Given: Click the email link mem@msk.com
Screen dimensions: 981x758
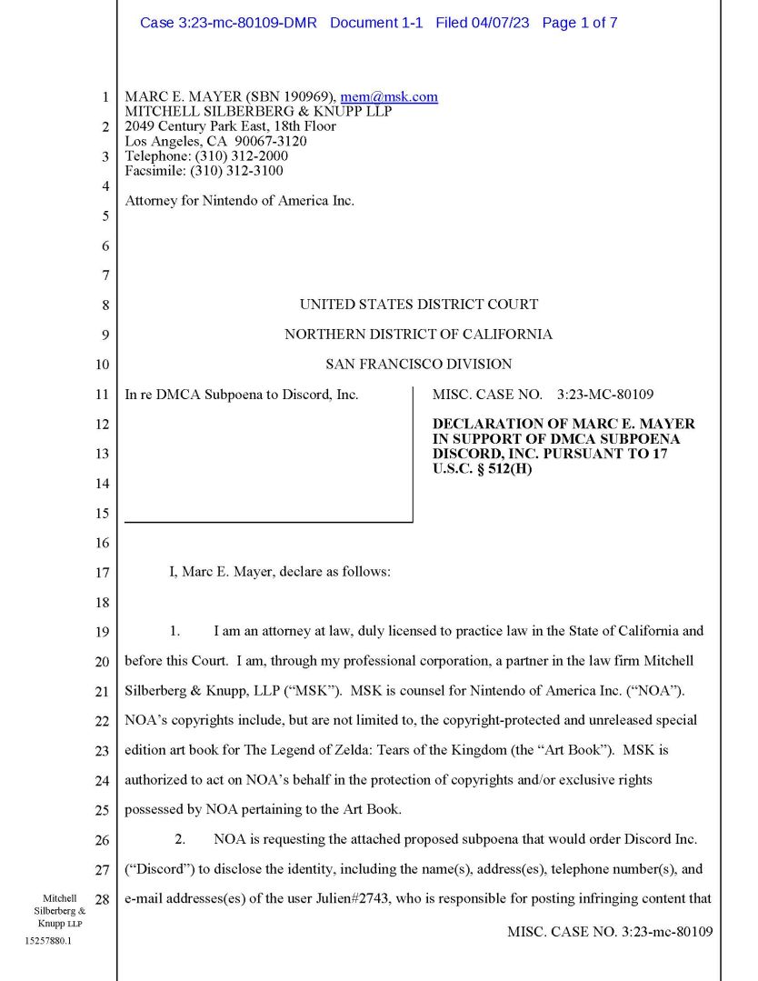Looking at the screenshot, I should (x=389, y=96).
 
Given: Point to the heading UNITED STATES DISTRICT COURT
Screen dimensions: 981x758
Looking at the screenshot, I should (x=419, y=305).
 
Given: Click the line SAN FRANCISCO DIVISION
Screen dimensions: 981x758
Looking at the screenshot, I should (x=419, y=365).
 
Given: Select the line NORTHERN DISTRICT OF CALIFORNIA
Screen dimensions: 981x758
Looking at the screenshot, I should (x=419, y=335).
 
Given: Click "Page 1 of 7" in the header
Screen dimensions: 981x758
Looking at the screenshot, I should (x=580, y=23).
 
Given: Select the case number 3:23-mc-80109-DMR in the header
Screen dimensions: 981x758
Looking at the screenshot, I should (x=228, y=23).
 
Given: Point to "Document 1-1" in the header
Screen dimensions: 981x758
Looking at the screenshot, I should (x=376, y=23).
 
